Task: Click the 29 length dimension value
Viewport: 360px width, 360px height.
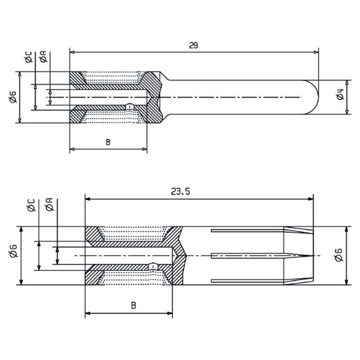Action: [x=194, y=45]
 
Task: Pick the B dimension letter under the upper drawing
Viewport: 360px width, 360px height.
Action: [x=108, y=142]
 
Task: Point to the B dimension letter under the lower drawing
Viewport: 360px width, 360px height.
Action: [x=134, y=305]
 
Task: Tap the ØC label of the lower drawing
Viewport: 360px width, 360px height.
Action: [x=32, y=205]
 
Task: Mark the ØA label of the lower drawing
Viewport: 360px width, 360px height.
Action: [x=49, y=205]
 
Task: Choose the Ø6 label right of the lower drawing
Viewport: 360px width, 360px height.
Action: [x=340, y=255]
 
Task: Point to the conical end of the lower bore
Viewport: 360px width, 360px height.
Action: [x=177, y=256]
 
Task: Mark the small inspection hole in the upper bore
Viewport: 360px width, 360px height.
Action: [x=132, y=107]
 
